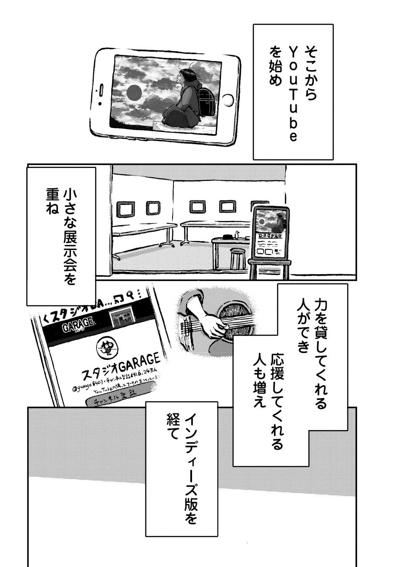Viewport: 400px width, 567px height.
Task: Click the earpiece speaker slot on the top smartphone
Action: [99, 89]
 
